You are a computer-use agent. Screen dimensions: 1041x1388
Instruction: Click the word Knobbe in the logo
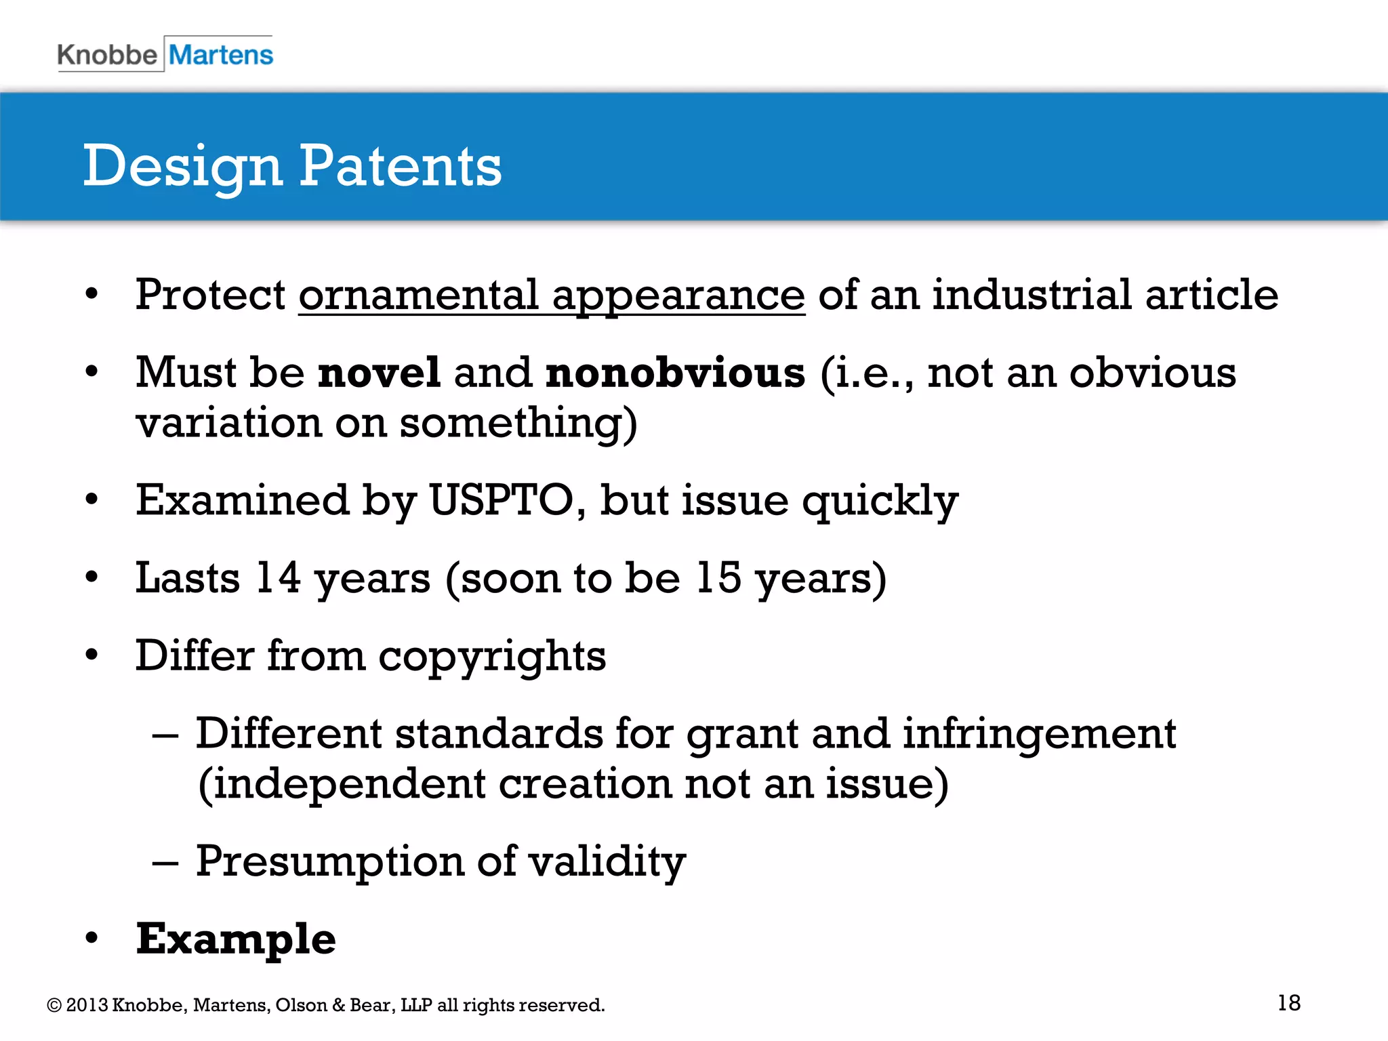click(x=107, y=55)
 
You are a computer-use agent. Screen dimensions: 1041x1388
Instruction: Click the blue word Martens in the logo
click(x=221, y=55)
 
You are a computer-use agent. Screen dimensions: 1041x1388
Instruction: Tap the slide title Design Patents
click(x=292, y=166)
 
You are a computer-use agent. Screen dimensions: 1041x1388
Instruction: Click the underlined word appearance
click(x=678, y=297)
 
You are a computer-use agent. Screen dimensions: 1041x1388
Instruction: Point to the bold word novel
click(x=380, y=373)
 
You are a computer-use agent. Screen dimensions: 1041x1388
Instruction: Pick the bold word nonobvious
click(x=675, y=373)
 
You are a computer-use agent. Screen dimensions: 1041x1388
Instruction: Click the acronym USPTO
click(x=502, y=501)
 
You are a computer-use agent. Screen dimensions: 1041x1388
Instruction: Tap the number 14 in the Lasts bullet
click(x=278, y=578)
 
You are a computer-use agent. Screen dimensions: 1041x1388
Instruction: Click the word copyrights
click(x=492, y=657)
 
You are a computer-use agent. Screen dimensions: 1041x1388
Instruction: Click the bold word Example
click(x=236, y=939)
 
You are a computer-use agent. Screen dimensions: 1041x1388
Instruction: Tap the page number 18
click(x=1288, y=1003)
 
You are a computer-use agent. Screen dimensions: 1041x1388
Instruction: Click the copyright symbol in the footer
click(x=54, y=1005)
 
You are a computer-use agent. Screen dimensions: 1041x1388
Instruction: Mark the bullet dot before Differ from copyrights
click(x=91, y=655)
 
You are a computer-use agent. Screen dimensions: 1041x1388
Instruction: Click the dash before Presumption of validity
click(x=165, y=863)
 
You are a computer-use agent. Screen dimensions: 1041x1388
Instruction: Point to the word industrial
click(x=1032, y=295)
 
